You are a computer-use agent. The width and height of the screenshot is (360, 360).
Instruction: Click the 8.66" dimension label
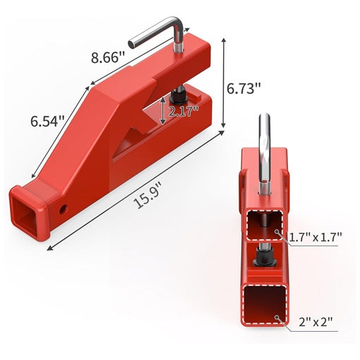(107, 57)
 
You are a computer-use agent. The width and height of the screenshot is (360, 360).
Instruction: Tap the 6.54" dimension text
(47, 121)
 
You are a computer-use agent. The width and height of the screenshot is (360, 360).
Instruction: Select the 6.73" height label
(244, 89)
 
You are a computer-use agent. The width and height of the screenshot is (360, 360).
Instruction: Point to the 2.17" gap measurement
(184, 112)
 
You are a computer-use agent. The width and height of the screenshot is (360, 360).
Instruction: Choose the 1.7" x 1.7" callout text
(315, 237)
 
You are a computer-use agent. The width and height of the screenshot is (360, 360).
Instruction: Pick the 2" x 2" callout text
(316, 322)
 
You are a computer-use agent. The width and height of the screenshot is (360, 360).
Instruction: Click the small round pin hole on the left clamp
(64, 209)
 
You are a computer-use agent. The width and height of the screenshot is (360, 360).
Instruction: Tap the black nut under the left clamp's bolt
(178, 96)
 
